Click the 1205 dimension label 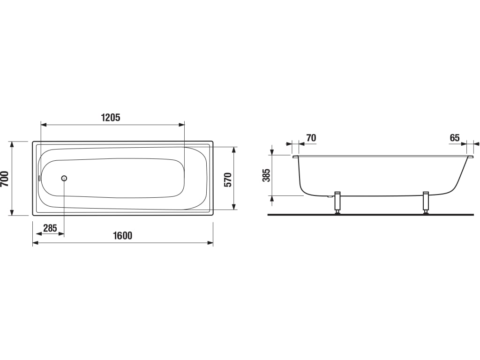click(x=111, y=117)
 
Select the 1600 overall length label click(x=123, y=235)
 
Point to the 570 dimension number click(x=228, y=180)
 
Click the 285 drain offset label click(x=50, y=228)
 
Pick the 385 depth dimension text click(x=267, y=175)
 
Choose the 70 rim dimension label click(x=311, y=138)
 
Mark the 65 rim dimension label click(x=455, y=138)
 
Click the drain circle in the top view click(x=64, y=178)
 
